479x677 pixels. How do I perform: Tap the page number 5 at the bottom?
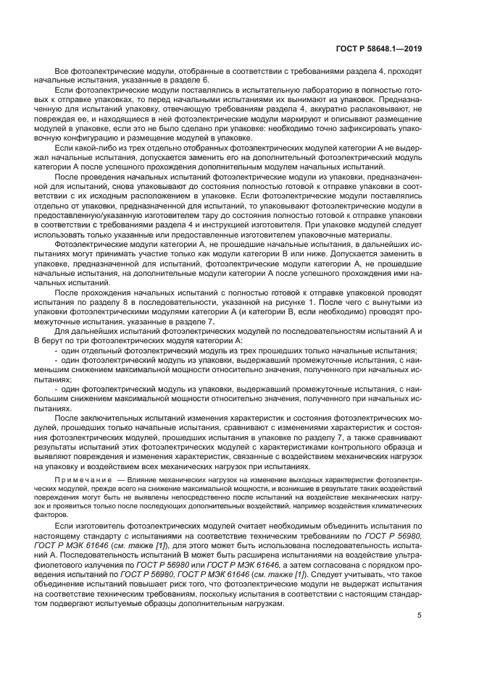(x=420, y=615)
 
